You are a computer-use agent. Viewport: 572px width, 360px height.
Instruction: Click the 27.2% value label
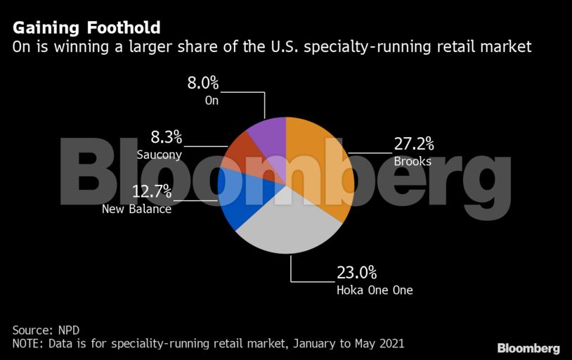(413, 145)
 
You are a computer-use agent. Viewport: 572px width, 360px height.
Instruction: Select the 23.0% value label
(358, 272)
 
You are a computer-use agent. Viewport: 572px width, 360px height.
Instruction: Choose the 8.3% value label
(166, 137)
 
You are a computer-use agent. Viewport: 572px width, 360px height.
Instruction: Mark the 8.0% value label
(202, 83)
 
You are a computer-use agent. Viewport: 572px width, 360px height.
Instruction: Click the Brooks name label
(412, 162)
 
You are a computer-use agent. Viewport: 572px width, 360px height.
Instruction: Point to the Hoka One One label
(375, 289)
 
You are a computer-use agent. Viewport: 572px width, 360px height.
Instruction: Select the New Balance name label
(136, 209)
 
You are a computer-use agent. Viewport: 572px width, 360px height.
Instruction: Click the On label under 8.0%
(212, 101)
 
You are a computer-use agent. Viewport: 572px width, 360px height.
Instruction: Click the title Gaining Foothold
(86, 28)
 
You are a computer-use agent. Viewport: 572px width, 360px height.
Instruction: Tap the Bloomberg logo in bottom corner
(528, 348)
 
